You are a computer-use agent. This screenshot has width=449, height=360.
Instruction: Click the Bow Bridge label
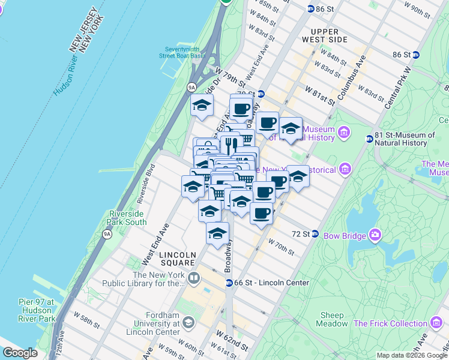coord(345,235)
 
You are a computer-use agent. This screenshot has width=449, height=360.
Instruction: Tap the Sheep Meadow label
coord(332,319)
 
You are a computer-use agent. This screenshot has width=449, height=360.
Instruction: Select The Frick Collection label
coord(390,323)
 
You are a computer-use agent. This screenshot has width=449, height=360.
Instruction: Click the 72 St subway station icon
coord(315,233)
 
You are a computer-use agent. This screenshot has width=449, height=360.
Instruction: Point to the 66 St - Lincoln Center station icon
coord(229,283)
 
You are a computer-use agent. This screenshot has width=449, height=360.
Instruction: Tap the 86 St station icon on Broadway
coord(310,8)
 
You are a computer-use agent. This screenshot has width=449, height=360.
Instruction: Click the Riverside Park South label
coord(127,218)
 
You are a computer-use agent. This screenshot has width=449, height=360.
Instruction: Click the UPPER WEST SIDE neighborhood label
coord(329,35)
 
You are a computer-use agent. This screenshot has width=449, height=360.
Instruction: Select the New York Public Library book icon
coord(194,277)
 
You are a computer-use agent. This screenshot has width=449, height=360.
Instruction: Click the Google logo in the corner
coord(20,353)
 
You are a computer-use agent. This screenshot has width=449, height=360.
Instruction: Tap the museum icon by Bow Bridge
coord(375,235)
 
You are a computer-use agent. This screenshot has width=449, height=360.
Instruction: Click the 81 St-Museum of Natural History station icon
coord(370,139)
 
